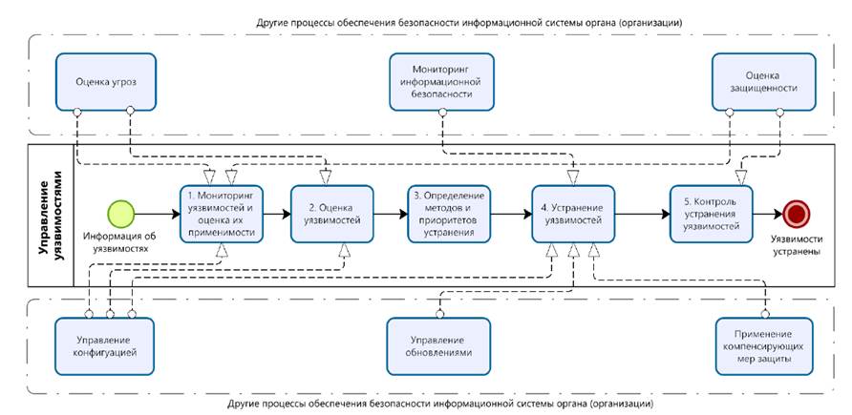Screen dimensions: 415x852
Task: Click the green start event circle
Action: pos(120,213)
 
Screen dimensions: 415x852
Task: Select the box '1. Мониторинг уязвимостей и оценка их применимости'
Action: pos(221,213)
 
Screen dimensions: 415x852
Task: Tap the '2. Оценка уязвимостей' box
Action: pos(332,213)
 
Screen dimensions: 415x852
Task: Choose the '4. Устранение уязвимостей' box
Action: pos(572,213)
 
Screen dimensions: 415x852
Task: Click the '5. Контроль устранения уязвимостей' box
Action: pos(711,213)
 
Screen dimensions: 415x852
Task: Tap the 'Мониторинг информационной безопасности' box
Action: pos(441,82)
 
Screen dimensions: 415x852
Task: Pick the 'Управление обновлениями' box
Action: pos(439,345)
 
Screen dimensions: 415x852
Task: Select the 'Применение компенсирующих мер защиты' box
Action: pos(766,345)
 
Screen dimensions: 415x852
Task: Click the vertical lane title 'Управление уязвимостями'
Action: pos(47,215)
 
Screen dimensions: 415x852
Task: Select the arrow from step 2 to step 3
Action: pos(388,213)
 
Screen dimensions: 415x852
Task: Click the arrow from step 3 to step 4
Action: pos(512,213)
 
